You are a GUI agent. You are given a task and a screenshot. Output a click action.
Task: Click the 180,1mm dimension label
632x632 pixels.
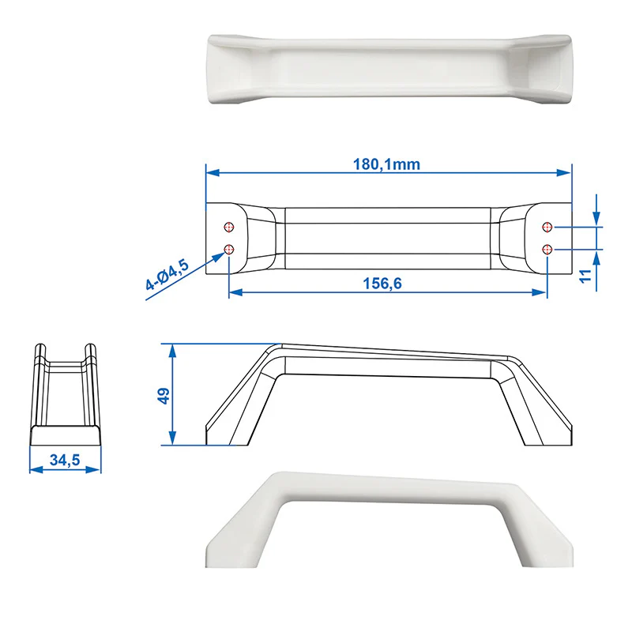tap(386, 164)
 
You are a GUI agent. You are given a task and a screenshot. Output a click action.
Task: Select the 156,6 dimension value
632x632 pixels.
tap(382, 284)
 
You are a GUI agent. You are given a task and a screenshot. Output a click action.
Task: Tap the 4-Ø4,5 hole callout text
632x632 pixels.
tap(167, 275)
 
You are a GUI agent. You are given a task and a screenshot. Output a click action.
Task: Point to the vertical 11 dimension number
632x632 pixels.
tap(585, 276)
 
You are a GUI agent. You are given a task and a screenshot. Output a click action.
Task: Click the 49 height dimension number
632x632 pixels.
tap(164, 396)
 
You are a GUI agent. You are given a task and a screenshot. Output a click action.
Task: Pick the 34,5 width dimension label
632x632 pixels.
tap(65, 460)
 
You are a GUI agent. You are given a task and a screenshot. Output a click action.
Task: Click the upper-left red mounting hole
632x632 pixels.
tap(229, 228)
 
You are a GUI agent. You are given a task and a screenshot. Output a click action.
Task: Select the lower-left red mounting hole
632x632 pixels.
tap(229, 250)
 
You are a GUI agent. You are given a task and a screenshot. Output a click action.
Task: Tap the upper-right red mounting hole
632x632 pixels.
tap(547, 228)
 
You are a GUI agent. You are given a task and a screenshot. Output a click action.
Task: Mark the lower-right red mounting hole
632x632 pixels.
tap(547, 250)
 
